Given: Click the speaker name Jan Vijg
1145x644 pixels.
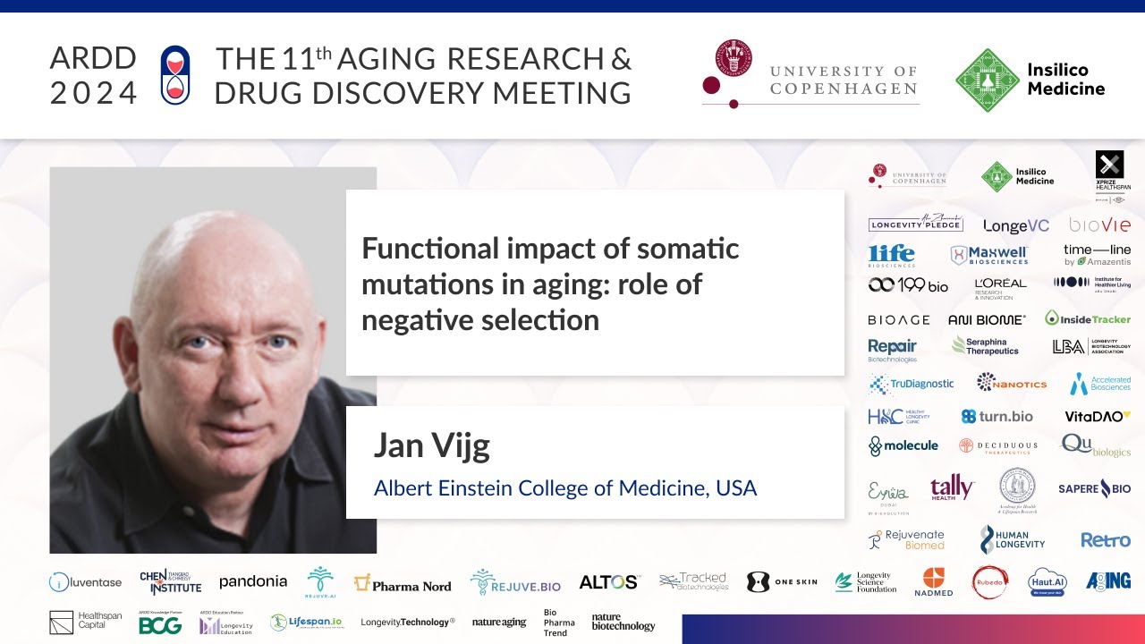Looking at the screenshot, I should (431, 445).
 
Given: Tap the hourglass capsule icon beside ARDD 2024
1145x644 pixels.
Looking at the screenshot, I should (174, 74).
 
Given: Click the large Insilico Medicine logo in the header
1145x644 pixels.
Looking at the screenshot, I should (1030, 80).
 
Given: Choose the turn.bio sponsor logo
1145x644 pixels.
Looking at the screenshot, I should (997, 416).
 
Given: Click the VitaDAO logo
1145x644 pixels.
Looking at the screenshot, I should (1098, 416).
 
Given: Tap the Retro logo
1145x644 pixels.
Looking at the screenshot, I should (1105, 540).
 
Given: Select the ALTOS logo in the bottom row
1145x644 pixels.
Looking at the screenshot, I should (608, 582).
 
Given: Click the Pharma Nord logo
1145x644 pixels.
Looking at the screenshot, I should (403, 584).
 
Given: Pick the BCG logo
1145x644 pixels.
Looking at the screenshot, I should (160, 624).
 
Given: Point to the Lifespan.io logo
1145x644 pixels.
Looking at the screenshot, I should (306, 623).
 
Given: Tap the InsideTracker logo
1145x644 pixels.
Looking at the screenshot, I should (1088, 318).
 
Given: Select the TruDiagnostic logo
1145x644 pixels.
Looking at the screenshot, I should (911, 384).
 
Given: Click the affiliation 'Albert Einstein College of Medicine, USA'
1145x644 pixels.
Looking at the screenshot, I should (564, 488).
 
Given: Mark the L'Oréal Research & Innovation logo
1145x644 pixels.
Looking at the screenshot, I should (1000, 287).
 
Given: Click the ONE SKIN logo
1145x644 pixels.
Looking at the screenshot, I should (782, 582).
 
